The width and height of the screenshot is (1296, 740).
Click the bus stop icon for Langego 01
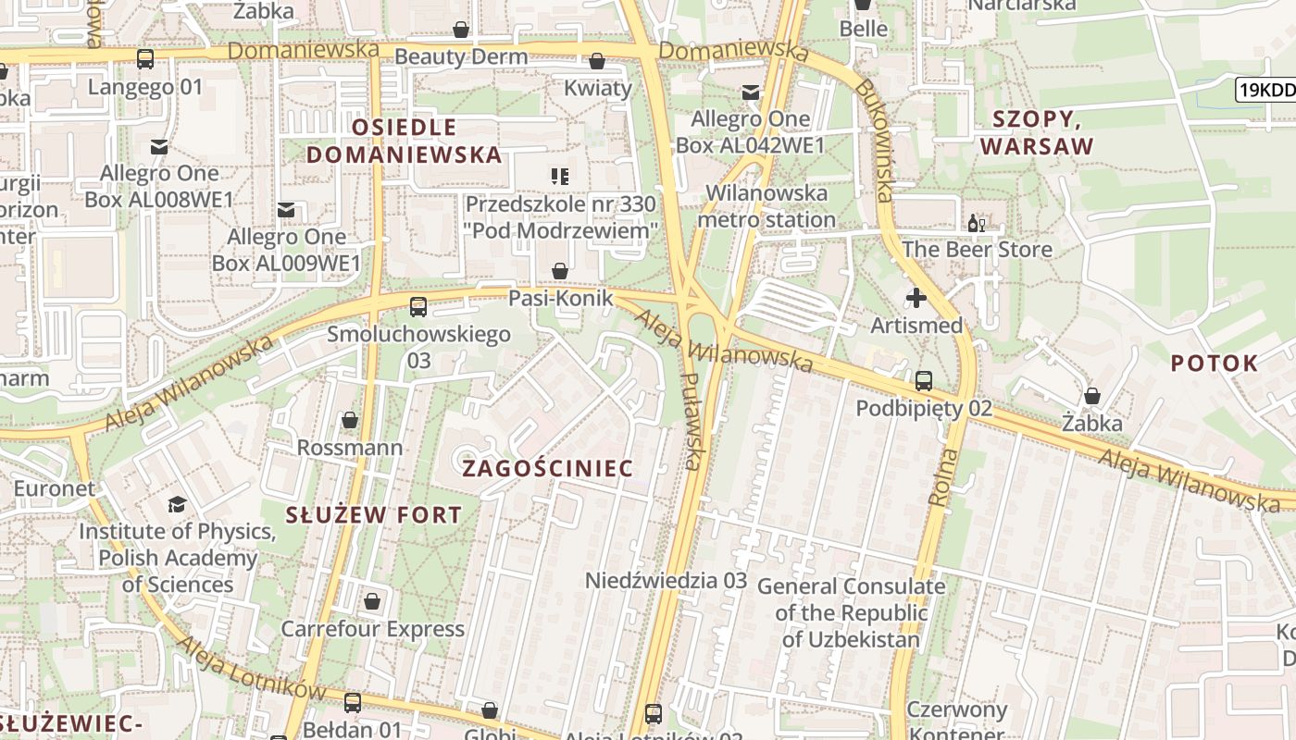(145, 59)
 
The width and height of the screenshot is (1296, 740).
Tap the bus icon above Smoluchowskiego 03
(418, 306)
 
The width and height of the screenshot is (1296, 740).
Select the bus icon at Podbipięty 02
(924, 380)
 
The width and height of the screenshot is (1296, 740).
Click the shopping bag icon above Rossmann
(350, 420)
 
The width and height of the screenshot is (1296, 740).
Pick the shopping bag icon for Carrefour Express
(372, 601)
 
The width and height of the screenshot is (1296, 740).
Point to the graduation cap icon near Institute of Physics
(177, 504)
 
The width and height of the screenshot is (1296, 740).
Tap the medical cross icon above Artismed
(916, 298)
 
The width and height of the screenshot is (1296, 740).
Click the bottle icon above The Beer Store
(976, 223)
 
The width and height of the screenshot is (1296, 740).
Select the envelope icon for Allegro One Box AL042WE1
(750, 92)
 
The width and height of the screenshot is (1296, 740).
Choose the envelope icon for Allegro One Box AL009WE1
(286, 210)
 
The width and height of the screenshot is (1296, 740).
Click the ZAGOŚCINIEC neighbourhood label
(548, 468)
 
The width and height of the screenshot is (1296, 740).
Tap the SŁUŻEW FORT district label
(374, 515)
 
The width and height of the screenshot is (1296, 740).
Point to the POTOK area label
(1215, 363)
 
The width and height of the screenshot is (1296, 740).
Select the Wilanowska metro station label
(766, 206)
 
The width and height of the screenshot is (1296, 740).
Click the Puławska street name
(692, 421)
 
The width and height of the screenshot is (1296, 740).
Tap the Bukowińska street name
(874, 139)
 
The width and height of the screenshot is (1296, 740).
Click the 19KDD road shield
(1265, 90)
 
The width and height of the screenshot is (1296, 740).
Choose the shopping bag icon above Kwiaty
(597, 61)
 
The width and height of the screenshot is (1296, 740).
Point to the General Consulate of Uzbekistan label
(852, 612)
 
